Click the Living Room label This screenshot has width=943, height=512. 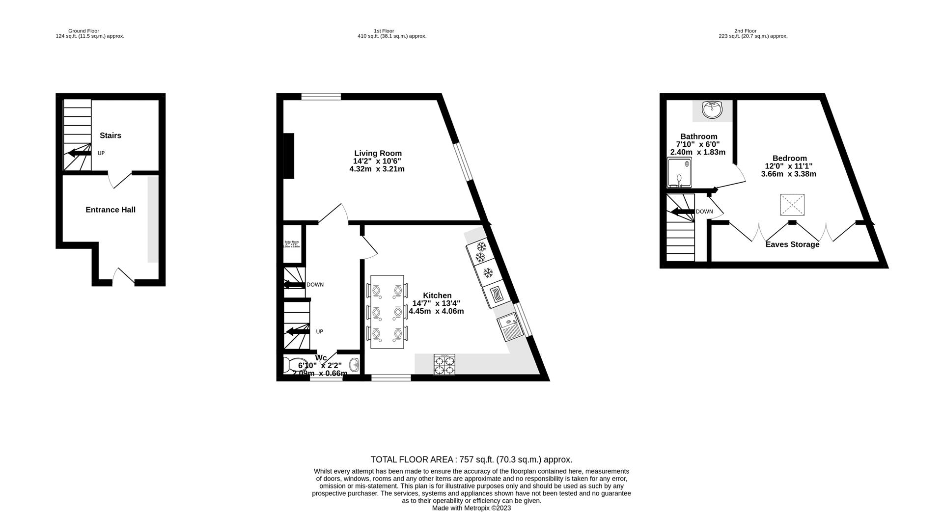(x=378, y=153)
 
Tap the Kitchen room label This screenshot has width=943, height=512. (x=437, y=296)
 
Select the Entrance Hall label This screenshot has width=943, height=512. (x=111, y=210)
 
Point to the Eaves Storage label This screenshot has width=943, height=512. (x=792, y=244)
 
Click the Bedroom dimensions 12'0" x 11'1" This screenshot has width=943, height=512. (x=788, y=166)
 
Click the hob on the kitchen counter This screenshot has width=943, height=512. (x=444, y=365)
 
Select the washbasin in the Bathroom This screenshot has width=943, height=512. (x=712, y=109)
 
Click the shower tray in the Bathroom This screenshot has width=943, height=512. (x=679, y=173)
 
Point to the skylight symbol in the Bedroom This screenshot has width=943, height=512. (x=792, y=205)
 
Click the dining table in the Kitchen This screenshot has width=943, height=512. (x=387, y=312)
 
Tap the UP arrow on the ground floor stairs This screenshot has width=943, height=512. (x=80, y=153)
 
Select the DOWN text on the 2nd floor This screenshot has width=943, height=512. (x=704, y=212)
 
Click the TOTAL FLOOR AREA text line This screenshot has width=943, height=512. (x=471, y=460)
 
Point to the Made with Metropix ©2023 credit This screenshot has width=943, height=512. (x=471, y=508)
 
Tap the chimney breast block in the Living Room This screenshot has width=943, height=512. (x=289, y=156)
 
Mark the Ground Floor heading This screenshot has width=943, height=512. (x=83, y=31)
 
